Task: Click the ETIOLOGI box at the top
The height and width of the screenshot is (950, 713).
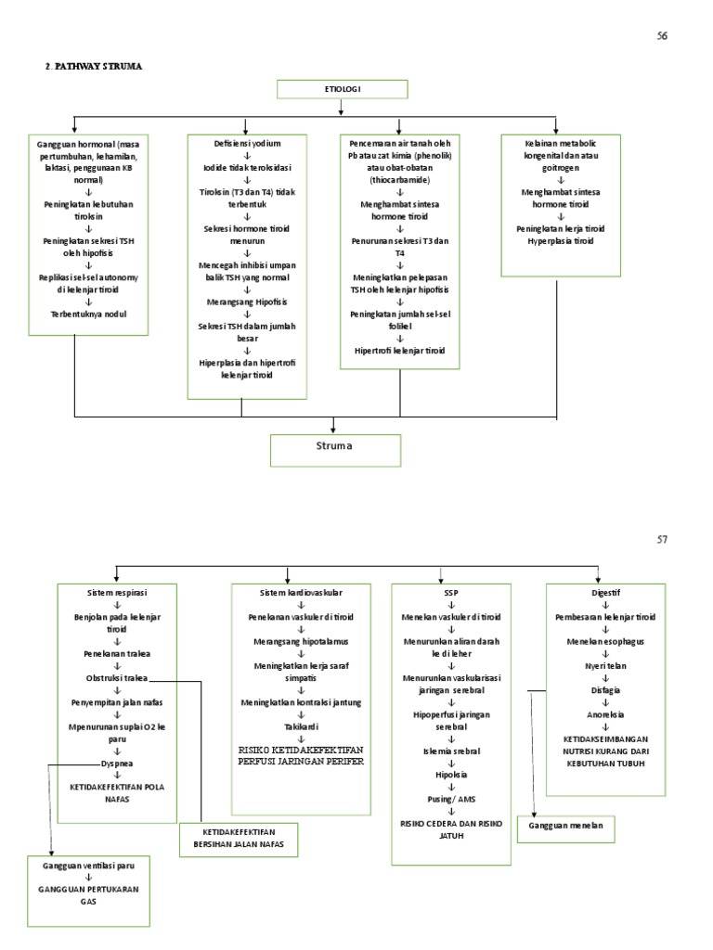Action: (341, 89)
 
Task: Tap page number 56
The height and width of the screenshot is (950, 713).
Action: (662, 35)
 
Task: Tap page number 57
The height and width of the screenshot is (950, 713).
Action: (662, 539)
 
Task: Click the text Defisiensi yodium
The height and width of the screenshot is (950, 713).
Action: (246, 144)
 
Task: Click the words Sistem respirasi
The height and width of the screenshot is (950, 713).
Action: (116, 591)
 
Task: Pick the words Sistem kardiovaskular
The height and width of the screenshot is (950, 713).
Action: (301, 591)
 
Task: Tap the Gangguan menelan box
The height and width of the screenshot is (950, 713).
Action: (569, 826)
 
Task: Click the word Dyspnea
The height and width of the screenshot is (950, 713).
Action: (116, 764)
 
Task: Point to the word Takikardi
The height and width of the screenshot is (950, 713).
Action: (301, 726)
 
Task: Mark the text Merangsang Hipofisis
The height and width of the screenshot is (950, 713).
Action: (246, 302)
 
